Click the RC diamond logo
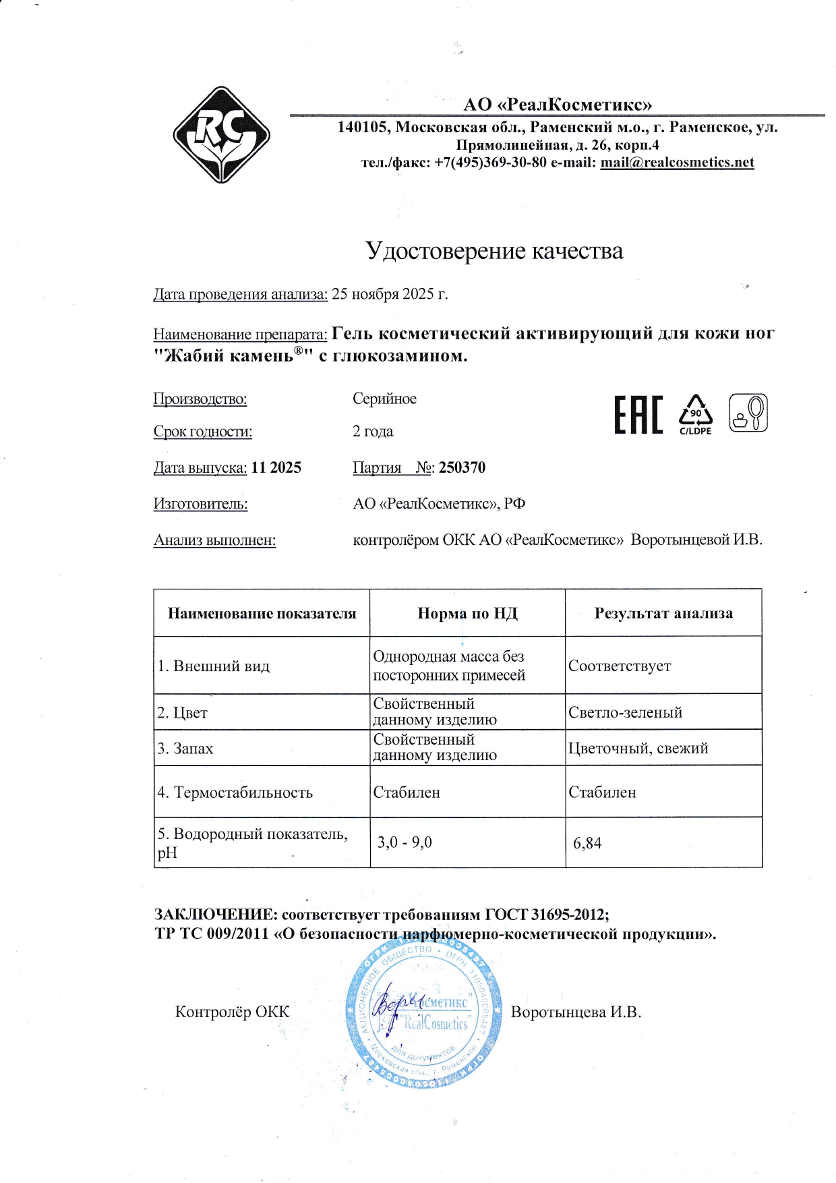(x=222, y=135)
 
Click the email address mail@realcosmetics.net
(x=677, y=163)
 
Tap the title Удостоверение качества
(x=494, y=251)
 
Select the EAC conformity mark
(x=638, y=415)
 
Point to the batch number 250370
(x=462, y=468)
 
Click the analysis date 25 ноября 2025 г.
(x=390, y=294)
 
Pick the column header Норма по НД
(x=467, y=613)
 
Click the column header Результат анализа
(x=663, y=613)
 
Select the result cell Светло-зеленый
(x=625, y=713)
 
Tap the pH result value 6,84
(x=587, y=843)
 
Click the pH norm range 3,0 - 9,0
(x=405, y=842)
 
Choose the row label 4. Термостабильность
(x=235, y=792)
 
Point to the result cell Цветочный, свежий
(x=638, y=749)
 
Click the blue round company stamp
(x=423, y=1012)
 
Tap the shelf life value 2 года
(x=373, y=432)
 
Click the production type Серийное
(x=384, y=399)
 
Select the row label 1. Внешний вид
(x=214, y=666)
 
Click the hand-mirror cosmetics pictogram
(x=748, y=413)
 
